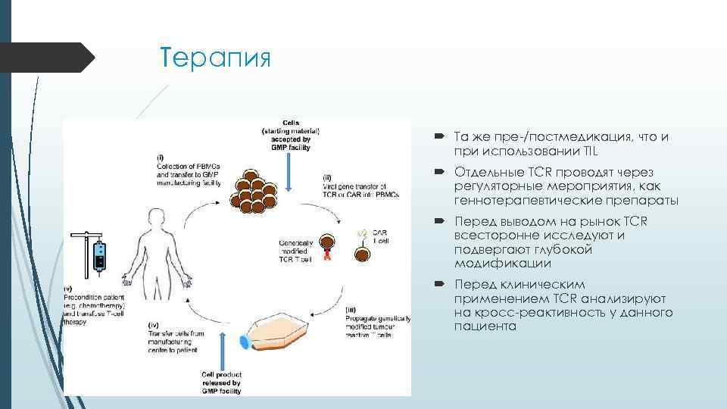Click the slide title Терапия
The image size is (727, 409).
[215, 58]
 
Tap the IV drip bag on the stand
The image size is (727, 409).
[99, 255]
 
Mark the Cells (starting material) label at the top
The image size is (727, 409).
[291, 135]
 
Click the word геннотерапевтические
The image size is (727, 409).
[514, 201]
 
